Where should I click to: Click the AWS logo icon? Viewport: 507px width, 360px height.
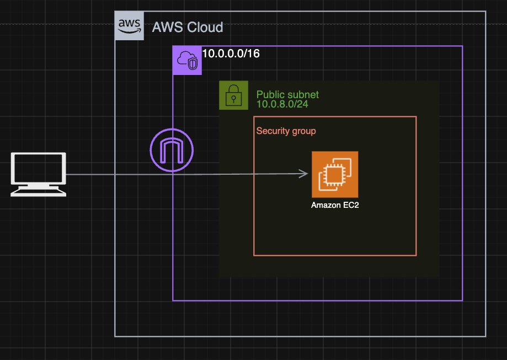pyautogui.click(x=129, y=26)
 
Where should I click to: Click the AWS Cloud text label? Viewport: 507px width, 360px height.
pyautogui.click(x=188, y=27)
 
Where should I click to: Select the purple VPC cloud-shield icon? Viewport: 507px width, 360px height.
pyautogui.click(x=187, y=61)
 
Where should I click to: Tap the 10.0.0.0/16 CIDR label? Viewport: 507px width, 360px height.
pyautogui.click(x=231, y=53)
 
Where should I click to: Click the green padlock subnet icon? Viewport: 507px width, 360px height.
pyautogui.click(x=233, y=95)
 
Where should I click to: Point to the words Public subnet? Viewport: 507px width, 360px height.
pyautogui.click(x=287, y=94)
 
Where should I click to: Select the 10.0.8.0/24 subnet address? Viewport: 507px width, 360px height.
pyautogui.click(x=282, y=104)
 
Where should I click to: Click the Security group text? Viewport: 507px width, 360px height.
pyautogui.click(x=286, y=131)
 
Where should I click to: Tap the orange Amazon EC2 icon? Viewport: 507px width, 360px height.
pyautogui.click(x=335, y=175)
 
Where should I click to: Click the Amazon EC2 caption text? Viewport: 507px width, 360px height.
pyautogui.click(x=335, y=205)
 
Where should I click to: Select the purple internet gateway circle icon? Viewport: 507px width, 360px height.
pyautogui.click(x=172, y=150)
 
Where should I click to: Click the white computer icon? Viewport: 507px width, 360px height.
pyautogui.click(x=39, y=175)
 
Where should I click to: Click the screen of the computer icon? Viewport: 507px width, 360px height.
pyautogui.click(x=39, y=168)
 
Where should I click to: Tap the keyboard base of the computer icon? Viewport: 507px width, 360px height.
pyautogui.click(x=39, y=192)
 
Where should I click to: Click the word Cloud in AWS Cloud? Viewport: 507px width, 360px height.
pyautogui.click(x=205, y=27)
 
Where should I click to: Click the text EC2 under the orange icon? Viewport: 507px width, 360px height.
pyautogui.click(x=351, y=205)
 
